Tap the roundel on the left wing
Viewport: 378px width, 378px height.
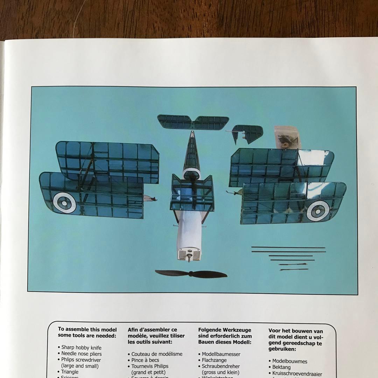coord(64,203)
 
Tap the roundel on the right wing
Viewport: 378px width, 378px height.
coord(318,211)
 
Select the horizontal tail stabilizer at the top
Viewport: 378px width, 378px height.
coord(193,122)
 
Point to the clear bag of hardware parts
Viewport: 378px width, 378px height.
coord(287,138)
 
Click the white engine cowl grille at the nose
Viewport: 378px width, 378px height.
coord(189,254)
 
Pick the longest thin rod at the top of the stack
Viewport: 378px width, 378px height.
coord(288,247)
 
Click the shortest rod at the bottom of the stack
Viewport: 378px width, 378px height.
coord(293,269)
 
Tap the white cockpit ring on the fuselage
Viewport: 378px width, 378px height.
coord(191,172)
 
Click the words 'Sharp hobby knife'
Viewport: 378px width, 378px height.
coord(81,348)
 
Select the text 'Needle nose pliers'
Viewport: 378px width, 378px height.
coord(81,354)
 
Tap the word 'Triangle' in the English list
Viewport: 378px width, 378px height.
coord(70,372)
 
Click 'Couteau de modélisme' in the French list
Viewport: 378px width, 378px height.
coord(157,354)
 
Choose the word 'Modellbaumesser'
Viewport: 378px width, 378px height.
coord(221,354)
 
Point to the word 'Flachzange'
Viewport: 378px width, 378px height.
coord(214,360)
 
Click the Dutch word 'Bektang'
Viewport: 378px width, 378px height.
coord(281,367)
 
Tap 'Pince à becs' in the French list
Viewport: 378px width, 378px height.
coord(145,360)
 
